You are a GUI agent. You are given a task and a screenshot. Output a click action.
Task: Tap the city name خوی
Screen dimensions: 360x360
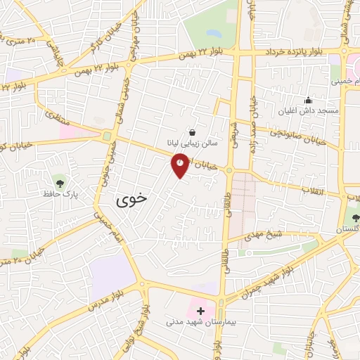(x=132, y=198)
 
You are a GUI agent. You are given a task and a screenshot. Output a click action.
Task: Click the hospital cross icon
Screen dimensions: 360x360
(x=200, y=310)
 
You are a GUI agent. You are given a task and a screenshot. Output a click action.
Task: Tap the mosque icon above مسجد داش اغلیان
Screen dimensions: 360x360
(x=307, y=100)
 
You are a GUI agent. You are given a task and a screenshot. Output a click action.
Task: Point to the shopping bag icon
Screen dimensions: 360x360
(x=192, y=131)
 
